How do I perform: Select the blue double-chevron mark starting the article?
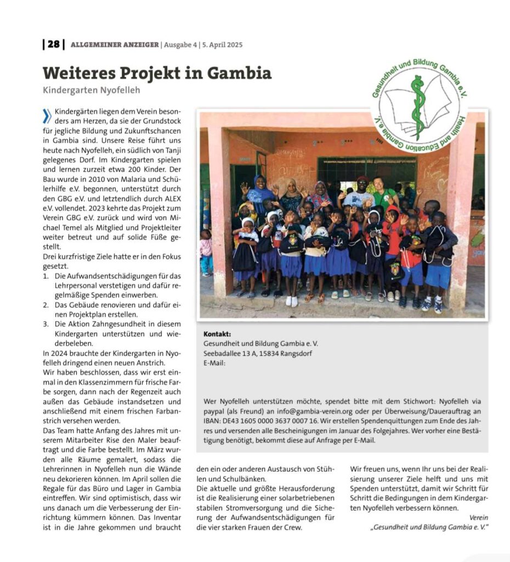click(x=47, y=115)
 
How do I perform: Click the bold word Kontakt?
click(x=217, y=334)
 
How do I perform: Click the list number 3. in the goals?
click(x=46, y=324)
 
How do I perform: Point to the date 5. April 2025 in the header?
click(x=222, y=45)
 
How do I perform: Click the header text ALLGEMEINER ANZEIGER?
click(x=114, y=45)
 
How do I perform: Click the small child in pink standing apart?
click(x=206, y=250)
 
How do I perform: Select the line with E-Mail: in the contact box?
click(x=214, y=363)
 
